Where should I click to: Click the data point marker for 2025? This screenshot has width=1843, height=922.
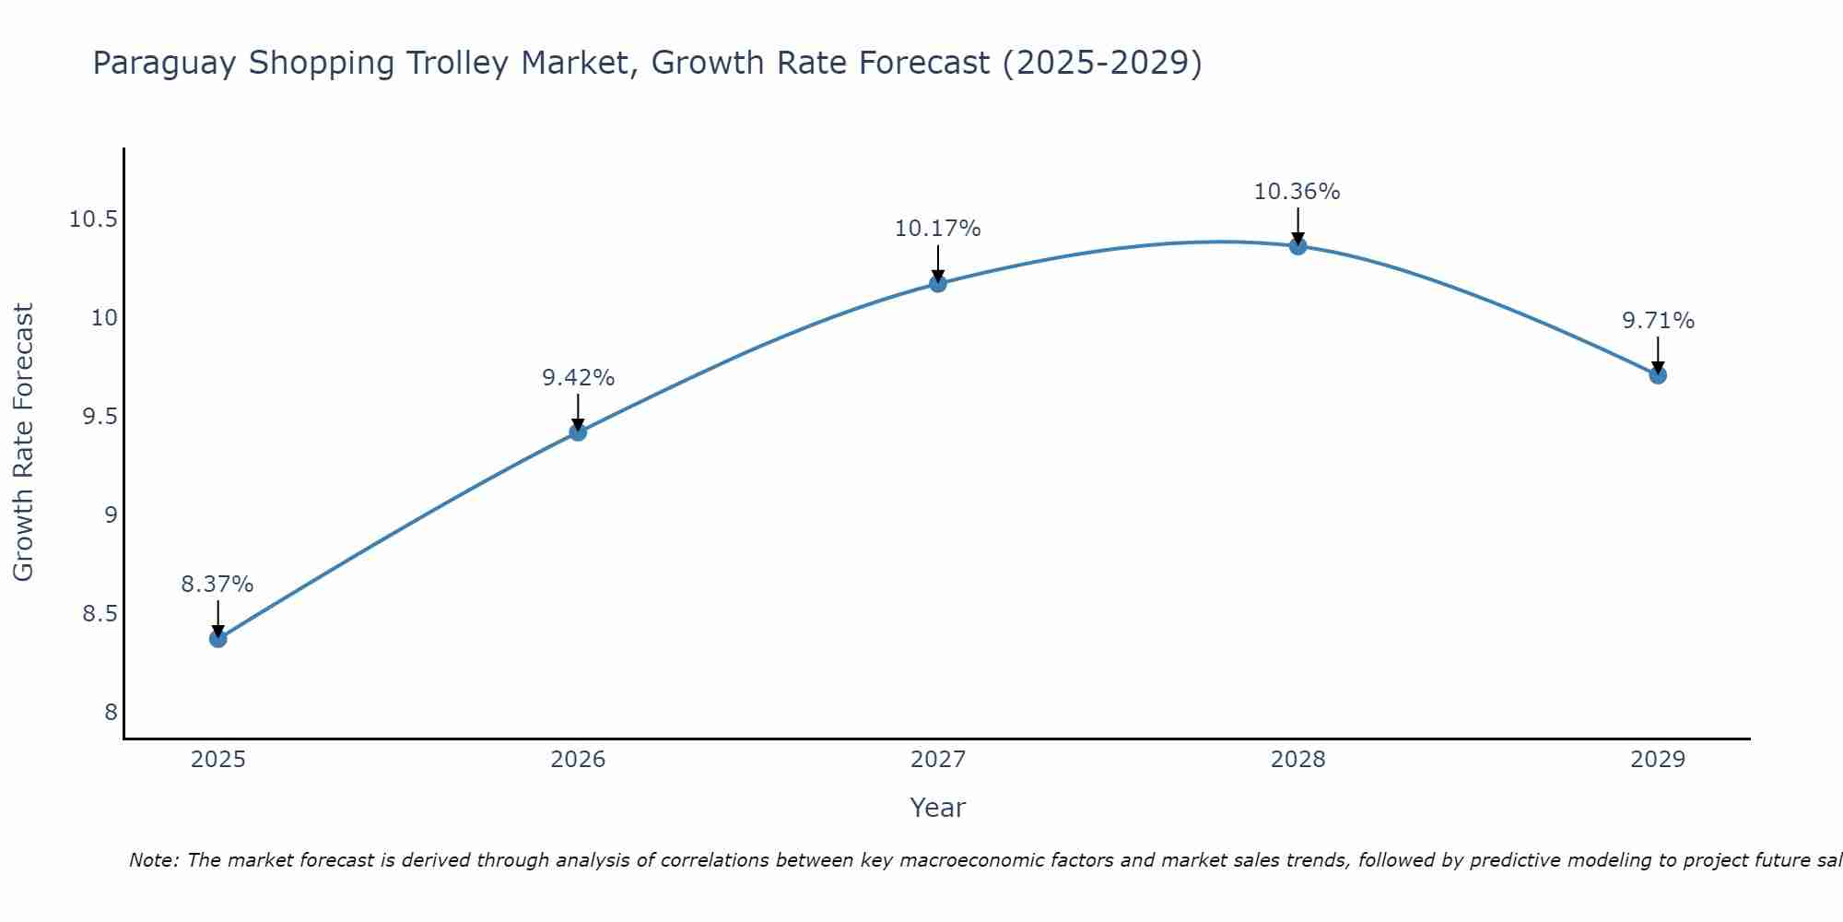click(x=217, y=638)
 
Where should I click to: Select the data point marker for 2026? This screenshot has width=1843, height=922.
click(x=578, y=431)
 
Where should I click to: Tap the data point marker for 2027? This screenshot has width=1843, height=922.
click(x=938, y=283)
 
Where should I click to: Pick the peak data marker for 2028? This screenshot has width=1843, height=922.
click(x=1297, y=245)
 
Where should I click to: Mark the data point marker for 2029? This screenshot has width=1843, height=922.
click(x=1658, y=374)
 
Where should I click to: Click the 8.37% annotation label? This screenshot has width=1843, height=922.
click(x=217, y=584)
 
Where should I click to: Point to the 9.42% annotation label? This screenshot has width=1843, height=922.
click(x=578, y=377)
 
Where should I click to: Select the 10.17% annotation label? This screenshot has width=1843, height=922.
click(x=937, y=229)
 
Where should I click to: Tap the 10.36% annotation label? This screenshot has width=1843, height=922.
click(x=1297, y=192)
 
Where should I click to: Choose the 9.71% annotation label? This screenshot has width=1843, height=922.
click(x=1658, y=321)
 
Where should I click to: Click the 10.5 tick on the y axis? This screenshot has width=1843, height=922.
click(x=94, y=219)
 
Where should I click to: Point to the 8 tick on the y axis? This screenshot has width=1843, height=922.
click(x=112, y=712)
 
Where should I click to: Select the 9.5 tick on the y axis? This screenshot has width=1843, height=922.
click(x=100, y=417)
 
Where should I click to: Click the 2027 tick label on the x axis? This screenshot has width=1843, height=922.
click(x=938, y=760)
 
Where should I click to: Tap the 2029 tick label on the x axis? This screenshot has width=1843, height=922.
click(x=1658, y=760)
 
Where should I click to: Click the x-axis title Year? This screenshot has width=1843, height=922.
click(x=937, y=808)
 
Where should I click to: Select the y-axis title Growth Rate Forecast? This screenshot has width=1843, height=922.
click(x=24, y=443)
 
